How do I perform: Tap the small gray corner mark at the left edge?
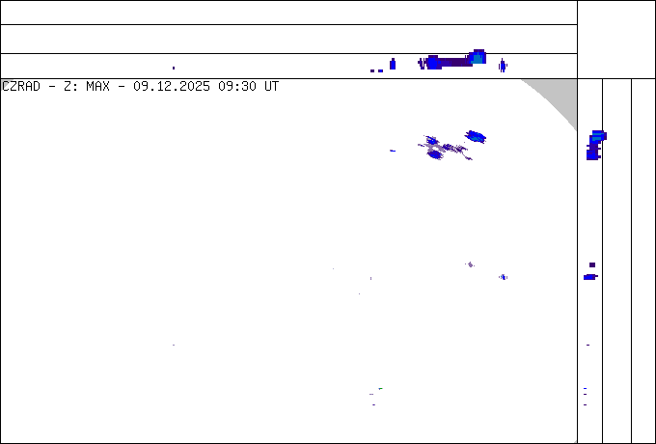tap(5, 83)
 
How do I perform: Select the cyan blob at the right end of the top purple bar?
tap(477, 58)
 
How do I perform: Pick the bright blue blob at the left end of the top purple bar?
tap(433, 63)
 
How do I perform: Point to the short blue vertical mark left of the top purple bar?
tap(393, 64)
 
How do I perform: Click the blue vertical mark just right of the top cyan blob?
tap(502, 65)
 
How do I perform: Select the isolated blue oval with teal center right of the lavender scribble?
tap(475, 136)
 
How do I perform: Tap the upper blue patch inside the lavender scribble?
tap(431, 141)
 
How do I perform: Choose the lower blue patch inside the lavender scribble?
tap(436, 153)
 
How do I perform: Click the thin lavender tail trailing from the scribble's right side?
tap(467, 155)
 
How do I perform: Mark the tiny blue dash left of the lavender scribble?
tap(392, 151)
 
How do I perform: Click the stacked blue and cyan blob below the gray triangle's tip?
tap(595, 145)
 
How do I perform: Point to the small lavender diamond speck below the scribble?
tap(470, 264)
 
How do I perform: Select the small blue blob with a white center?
tap(503, 277)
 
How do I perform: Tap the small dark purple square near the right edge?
tap(592, 264)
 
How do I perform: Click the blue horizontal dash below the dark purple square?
tap(589, 277)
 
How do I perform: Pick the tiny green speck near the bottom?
tap(380, 388)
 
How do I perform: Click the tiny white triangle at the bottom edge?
tap(575, 441)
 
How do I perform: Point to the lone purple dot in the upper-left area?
tap(174, 68)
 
